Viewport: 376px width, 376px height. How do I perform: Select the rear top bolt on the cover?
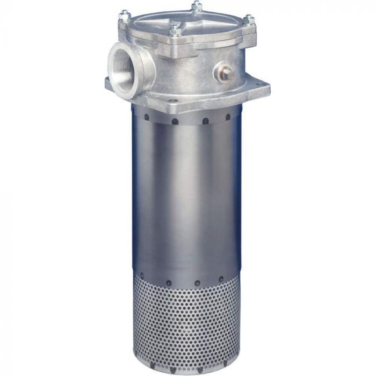point(197,6)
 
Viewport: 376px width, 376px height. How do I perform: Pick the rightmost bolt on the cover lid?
point(249,20)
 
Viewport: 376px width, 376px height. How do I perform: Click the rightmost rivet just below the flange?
point(228,116)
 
